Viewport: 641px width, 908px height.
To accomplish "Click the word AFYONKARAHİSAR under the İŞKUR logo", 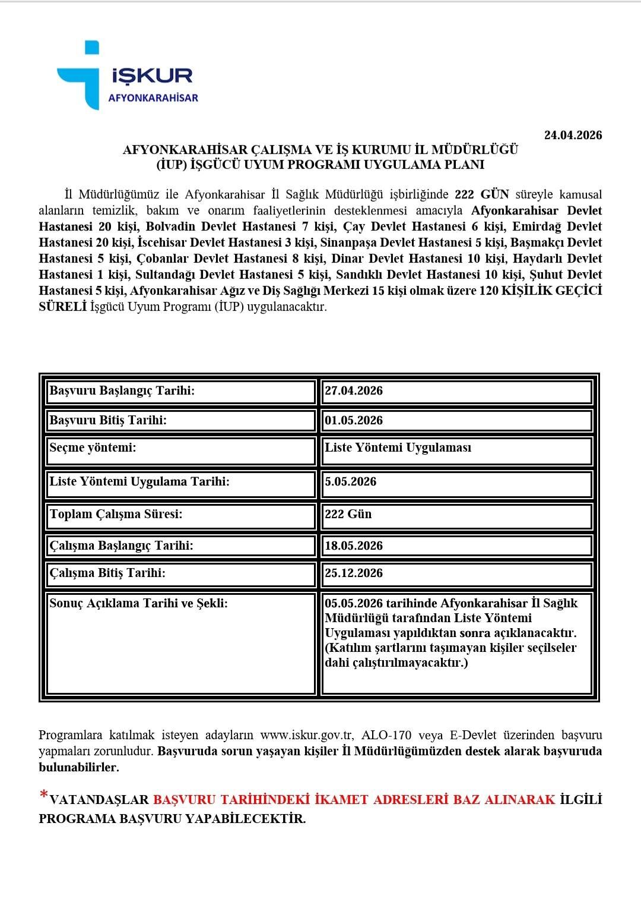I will point(153,98).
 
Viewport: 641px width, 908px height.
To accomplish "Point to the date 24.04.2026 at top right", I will point(573,135).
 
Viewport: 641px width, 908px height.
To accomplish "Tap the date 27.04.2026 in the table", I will point(354,391).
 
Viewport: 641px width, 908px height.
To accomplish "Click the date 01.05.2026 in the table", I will point(354,421).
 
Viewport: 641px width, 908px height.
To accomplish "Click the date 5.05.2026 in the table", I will point(350,482).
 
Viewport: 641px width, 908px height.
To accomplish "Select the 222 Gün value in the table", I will point(348,515).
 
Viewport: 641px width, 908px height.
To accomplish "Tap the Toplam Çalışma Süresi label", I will point(116,515).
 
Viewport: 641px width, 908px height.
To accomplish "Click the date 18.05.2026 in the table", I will point(354,546).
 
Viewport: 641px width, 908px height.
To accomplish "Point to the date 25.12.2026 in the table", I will point(354,573).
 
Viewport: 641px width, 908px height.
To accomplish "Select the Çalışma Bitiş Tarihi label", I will point(107,573).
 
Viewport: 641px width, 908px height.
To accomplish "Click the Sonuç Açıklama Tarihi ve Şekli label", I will point(138,604).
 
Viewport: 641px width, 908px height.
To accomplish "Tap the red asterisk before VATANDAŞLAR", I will point(43,795).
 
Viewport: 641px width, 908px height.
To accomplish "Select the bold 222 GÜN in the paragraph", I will point(481,195).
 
